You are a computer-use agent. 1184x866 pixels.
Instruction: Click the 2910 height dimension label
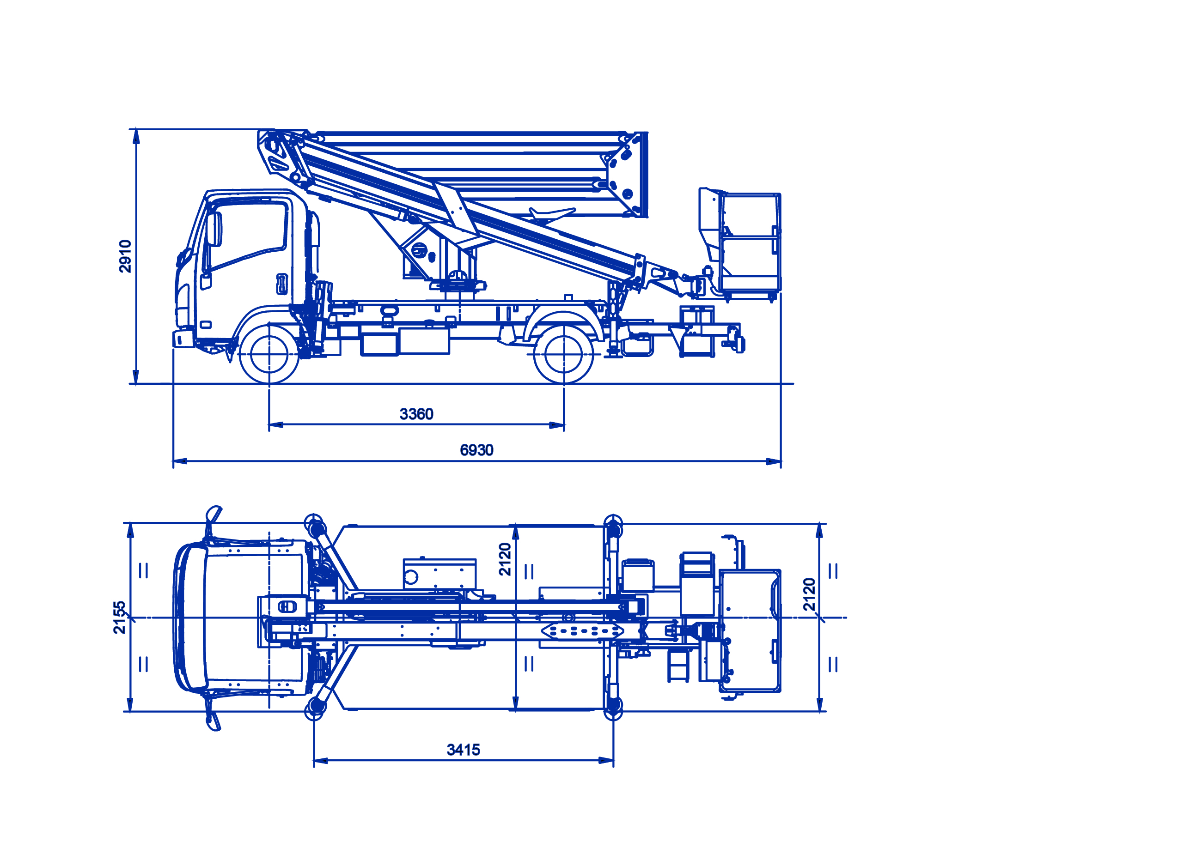point(125,256)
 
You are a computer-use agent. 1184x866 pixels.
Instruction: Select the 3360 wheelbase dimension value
point(416,414)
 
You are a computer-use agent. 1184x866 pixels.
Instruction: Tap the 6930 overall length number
point(476,450)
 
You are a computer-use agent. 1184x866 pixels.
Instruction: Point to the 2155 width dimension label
point(120,618)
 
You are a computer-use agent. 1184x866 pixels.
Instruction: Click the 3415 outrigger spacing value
point(463,750)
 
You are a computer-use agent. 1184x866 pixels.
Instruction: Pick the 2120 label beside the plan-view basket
point(810,594)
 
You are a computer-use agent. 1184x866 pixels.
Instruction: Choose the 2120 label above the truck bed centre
point(505,559)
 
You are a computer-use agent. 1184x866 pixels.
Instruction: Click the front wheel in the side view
point(269,354)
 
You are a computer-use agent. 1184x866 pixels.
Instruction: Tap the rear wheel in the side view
point(563,354)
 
